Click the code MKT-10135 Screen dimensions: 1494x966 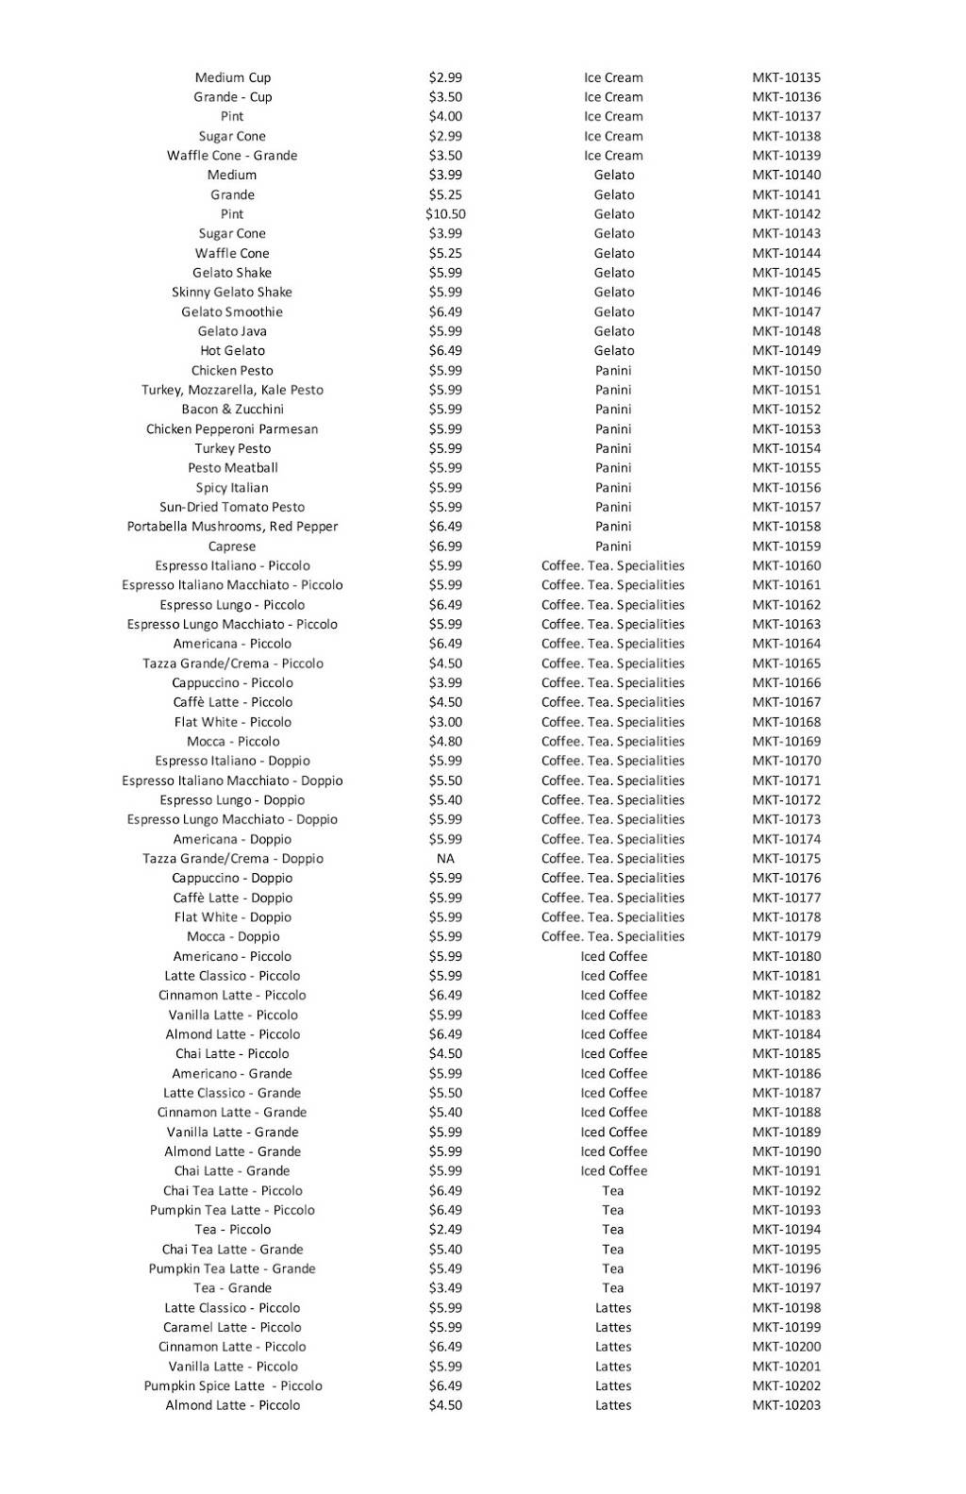click(786, 77)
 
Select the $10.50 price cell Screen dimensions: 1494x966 click(445, 214)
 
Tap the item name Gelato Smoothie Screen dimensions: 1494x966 click(232, 311)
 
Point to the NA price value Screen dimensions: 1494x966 click(445, 859)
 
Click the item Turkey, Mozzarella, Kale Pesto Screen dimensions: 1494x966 click(232, 390)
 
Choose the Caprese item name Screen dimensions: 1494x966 click(232, 546)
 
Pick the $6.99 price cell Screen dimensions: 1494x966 click(445, 546)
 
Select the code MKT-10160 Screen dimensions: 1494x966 click(786, 565)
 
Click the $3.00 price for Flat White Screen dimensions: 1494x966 click(445, 722)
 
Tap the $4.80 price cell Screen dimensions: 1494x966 click(445, 741)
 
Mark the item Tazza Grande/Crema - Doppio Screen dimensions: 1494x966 click(232, 859)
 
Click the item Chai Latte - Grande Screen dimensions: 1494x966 click(232, 1171)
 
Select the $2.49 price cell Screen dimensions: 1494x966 click(445, 1230)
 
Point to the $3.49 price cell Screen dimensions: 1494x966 click(445, 1288)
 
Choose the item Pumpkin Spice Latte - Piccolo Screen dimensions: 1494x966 click(232, 1385)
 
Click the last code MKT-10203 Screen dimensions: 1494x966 click(786, 1405)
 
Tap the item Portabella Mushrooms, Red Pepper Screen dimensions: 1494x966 click(232, 527)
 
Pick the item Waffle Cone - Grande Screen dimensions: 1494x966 click(232, 156)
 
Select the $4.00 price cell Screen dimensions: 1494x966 click(445, 116)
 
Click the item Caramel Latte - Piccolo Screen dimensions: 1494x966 click(232, 1327)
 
